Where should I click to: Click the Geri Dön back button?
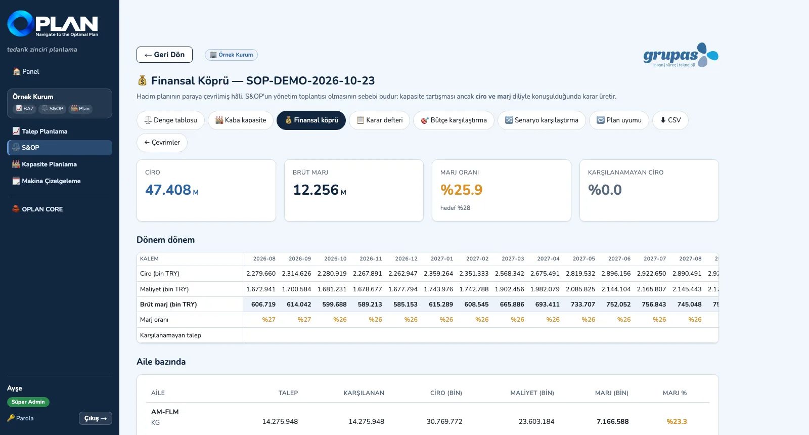(x=164, y=55)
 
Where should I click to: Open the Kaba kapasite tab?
(x=241, y=120)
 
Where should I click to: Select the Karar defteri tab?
(x=379, y=120)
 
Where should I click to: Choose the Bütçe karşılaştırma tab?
(x=454, y=120)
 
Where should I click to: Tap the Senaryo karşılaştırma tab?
(x=542, y=120)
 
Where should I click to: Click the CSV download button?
(x=670, y=120)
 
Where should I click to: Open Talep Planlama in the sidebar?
(x=44, y=131)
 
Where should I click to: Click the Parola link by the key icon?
(x=21, y=418)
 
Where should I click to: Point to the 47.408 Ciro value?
(x=168, y=190)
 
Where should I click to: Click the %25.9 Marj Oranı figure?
(x=461, y=190)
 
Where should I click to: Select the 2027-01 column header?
(x=441, y=258)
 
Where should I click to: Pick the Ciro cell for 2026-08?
(x=261, y=274)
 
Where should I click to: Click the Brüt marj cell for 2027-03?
(x=512, y=304)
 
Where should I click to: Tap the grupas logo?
(x=681, y=55)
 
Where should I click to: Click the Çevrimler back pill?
(x=162, y=142)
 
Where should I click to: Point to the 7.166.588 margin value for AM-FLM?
(x=612, y=422)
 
